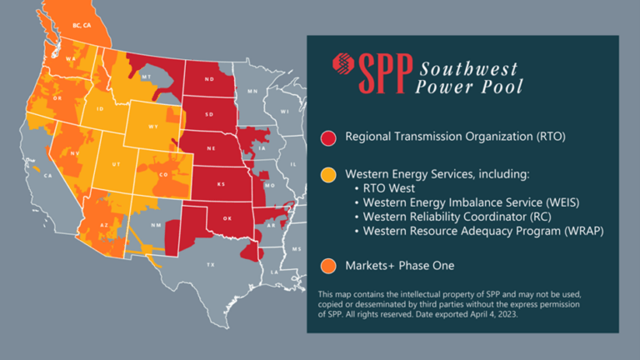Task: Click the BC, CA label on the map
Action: [x=82, y=25]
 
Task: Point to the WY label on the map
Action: [x=152, y=127]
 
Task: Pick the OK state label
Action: [x=227, y=218]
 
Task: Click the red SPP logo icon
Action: [x=342, y=63]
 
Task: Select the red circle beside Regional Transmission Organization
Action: [x=329, y=136]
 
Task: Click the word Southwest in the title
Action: [x=468, y=67]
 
